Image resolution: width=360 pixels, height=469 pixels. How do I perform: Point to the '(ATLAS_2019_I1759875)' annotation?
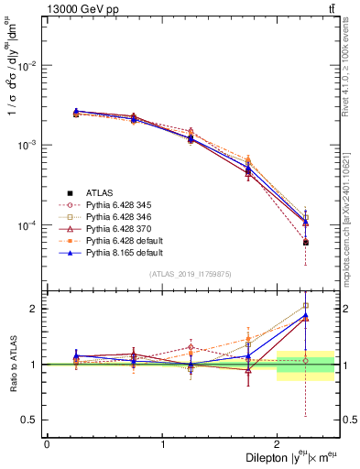(x=191, y=274)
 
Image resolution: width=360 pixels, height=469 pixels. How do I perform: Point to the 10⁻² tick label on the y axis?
(x=30, y=66)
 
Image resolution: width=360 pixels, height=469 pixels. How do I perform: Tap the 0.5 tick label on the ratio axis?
(x=33, y=420)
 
